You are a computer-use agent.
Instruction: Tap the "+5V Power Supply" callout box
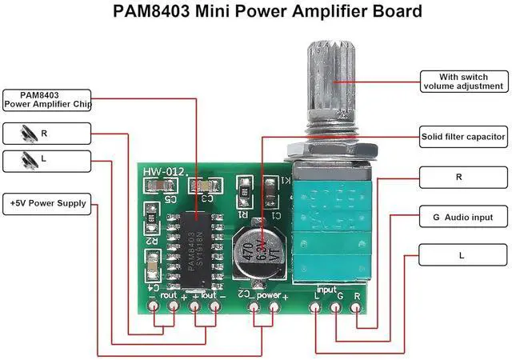pyautogui.click(x=48, y=203)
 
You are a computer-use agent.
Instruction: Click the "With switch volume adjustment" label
pyautogui.click(x=464, y=81)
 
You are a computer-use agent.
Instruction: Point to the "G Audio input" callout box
pyautogui.click(x=463, y=217)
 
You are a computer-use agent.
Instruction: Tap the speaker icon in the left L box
pyautogui.click(x=29, y=160)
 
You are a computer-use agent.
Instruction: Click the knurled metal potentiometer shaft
pyautogui.click(x=323, y=80)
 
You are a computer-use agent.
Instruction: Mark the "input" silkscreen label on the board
pyautogui.click(x=326, y=288)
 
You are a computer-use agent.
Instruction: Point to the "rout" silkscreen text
pyautogui.click(x=169, y=294)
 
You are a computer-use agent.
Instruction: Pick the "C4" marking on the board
pyautogui.click(x=149, y=286)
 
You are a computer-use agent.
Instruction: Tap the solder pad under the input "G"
pyautogui.click(x=335, y=308)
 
